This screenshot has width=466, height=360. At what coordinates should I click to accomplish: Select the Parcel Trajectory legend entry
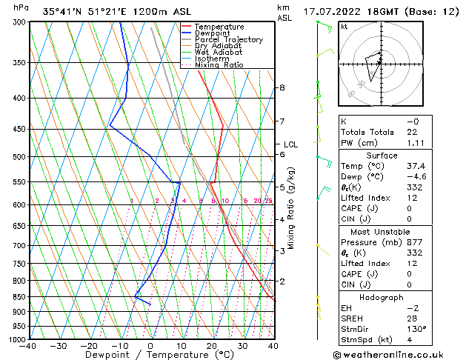[x=228, y=40]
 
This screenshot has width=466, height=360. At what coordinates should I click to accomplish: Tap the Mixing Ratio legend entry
[x=219, y=65]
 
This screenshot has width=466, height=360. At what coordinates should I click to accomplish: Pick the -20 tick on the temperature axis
[x=88, y=346]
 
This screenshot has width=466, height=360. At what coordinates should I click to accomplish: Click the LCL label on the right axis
[x=290, y=144]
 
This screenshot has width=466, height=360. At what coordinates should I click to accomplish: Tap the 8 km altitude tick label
[x=282, y=87]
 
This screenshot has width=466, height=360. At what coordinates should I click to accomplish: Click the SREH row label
[x=353, y=319]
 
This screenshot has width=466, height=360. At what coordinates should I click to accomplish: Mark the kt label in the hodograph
[x=344, y=26]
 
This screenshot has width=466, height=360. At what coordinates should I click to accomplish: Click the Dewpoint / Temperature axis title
[x=150, y=356]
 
